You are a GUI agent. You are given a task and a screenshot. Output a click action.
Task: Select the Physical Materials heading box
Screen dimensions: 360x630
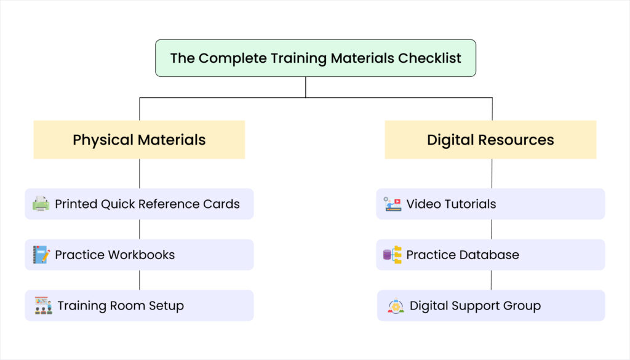[139, 140]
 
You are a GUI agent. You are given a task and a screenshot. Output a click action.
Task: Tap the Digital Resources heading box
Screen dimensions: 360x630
[490, 140]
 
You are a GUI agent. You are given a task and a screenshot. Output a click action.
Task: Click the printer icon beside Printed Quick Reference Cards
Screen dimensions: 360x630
[41, 204]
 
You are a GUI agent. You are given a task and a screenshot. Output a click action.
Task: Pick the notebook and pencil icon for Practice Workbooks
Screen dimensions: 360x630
[41, 255]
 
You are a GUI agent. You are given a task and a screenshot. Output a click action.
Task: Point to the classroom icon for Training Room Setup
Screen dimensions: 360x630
[43, 305]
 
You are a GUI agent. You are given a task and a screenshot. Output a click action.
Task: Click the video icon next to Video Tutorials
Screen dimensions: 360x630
[393, 204]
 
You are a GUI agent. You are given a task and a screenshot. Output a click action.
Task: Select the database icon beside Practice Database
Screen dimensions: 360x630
[393, 255]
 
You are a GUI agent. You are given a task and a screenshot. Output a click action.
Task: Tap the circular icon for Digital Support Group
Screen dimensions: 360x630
[396, 306]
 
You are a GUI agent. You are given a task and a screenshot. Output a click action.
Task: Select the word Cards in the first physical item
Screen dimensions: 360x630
[221, 204]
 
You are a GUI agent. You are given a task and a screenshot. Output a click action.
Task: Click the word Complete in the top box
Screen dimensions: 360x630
[229, 58]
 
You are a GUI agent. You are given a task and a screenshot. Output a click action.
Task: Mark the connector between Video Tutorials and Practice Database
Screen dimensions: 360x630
[491, 229]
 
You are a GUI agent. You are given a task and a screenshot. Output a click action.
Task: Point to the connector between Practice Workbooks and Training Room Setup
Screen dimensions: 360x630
[139, 280]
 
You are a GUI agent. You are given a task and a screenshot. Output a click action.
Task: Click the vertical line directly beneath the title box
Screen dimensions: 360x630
[306, 87]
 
